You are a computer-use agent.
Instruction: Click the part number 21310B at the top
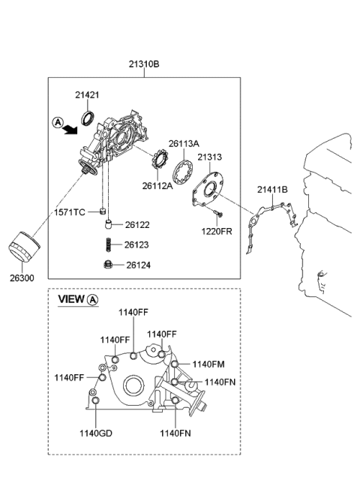tap(145, 64)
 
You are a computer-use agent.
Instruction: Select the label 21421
tap(88, 94)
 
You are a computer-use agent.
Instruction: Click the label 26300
tap(21, 276)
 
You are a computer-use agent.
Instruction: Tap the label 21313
tap(210, 157)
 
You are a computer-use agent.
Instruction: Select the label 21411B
tap(273, 190)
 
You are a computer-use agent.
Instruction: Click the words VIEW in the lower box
tap(72, 299)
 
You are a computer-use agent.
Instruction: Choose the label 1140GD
tap(96, 433)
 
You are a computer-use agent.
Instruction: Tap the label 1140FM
tap(208, 364)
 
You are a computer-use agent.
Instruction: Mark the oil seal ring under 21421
tap(88, 116)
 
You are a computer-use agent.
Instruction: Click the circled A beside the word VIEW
tap(93, 299)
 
